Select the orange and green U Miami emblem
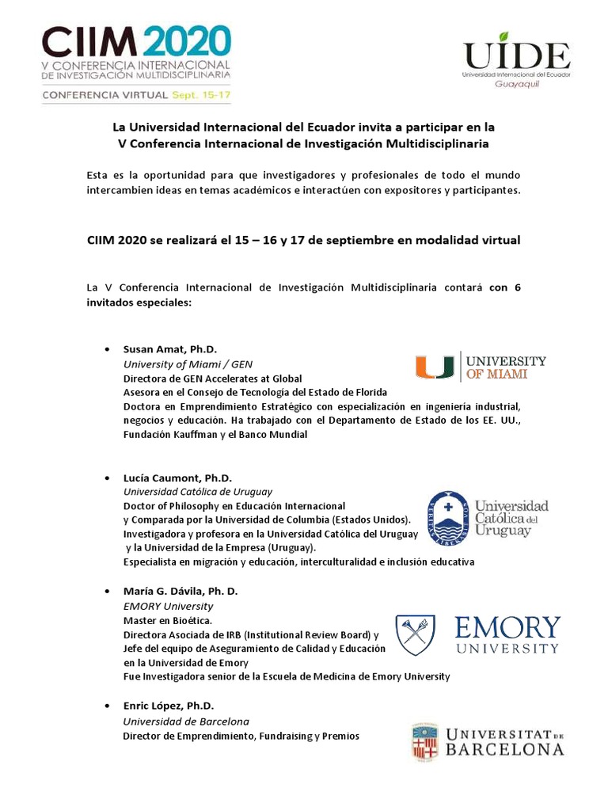coord(433,367)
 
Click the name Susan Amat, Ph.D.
coord(169,349)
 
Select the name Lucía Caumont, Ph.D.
coord(177,478)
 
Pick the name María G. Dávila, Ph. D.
coord(180,592)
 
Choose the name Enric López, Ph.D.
coord(168,706)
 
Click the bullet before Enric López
coord(106,706)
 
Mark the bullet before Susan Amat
coord(106,349)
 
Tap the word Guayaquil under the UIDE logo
coord(516,83)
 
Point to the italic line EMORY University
coord(168,606)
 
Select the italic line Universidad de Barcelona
coord(186,722)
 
